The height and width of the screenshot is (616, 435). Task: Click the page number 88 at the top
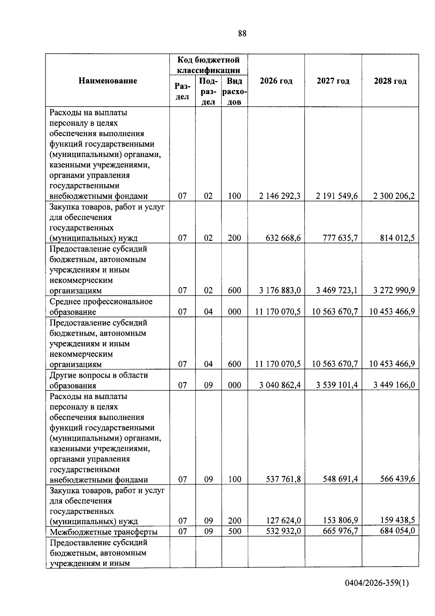point(243,34)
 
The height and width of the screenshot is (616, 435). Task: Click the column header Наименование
point(108,81)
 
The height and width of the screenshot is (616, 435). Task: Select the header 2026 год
point(276,81)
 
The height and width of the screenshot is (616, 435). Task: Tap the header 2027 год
point(333,81)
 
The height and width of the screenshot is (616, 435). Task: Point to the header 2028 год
point(390,81)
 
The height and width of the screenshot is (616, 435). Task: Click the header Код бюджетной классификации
point(208,65)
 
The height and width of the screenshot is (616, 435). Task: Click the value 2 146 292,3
point(279,196)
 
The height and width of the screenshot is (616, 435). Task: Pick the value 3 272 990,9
point(394,290)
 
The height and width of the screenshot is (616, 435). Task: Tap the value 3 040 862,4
point(279,385)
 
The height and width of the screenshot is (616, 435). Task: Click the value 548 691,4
point(340,479)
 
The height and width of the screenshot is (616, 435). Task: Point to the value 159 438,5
point(397,521)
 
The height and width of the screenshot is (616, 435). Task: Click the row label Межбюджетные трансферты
point(103,532)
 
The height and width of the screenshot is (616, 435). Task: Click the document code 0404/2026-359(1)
point(377,583)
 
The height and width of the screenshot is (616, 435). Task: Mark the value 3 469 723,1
point(336,290)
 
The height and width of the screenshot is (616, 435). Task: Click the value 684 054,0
point(397,531)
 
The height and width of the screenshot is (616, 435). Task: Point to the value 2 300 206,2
point(394,196)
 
